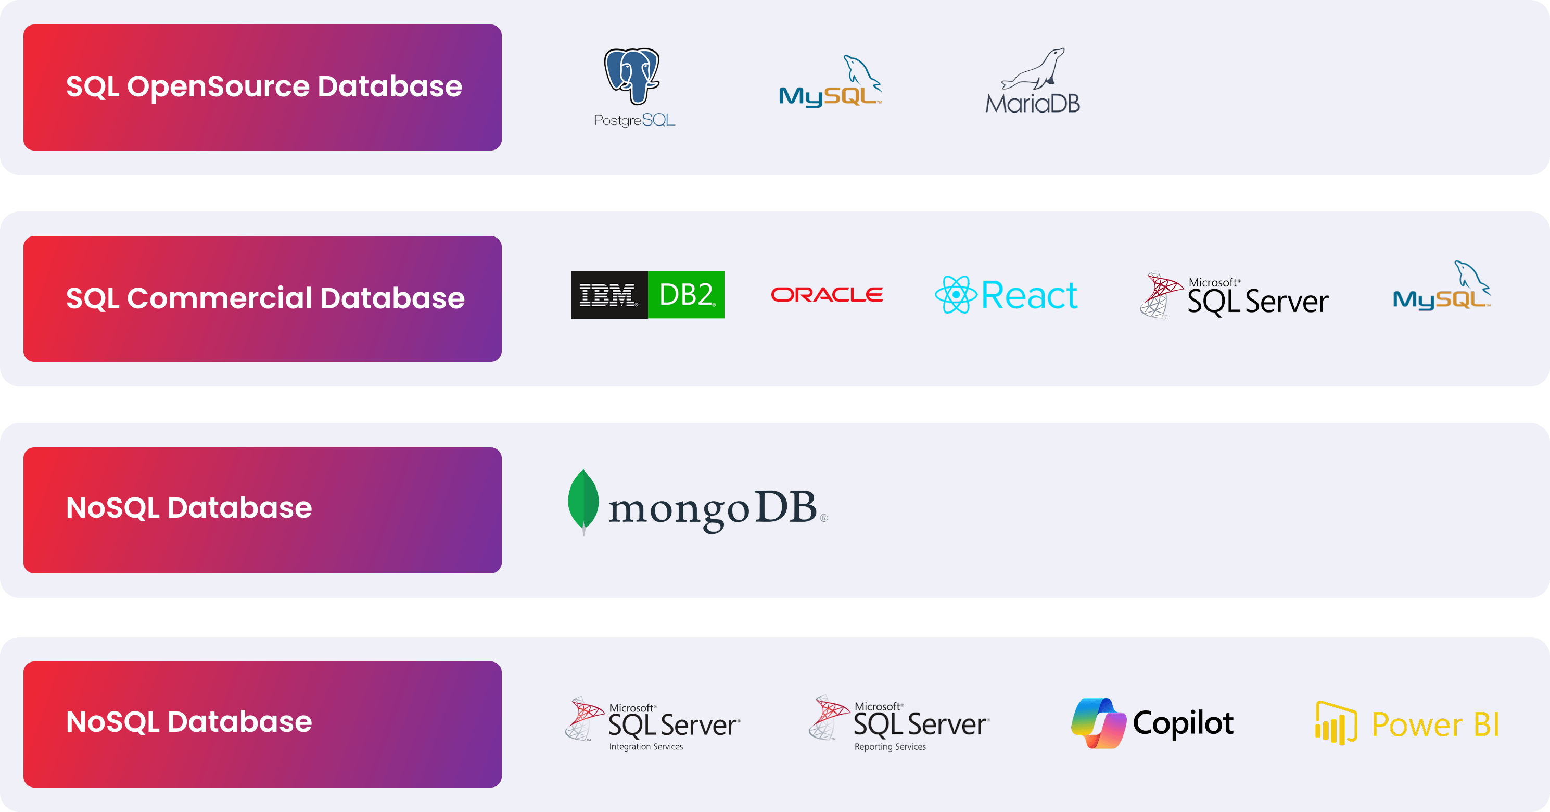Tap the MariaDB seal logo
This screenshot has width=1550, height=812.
[1033, 81]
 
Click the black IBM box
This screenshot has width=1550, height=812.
[608, 295]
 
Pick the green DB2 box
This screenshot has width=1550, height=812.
[686, 295]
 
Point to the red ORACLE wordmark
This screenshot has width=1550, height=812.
[827, 295]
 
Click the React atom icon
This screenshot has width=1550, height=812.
[955, 295]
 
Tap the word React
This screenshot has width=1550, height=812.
[1029, 295]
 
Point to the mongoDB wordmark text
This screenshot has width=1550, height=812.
[713, 509]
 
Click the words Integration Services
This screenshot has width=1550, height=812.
[645, 747]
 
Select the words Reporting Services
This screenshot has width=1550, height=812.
[890, 747]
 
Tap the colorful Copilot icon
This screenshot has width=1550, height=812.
[1098, 723]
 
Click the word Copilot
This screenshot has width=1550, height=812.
[1183, 723]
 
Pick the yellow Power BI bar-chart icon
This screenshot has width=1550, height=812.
[1336, 723]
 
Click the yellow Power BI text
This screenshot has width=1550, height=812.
[1435, 724]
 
